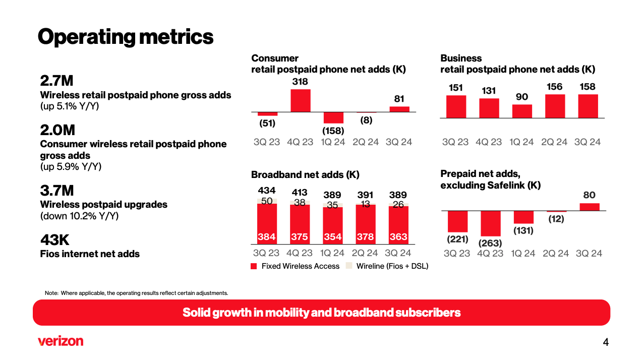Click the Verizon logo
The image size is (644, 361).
(60, 341)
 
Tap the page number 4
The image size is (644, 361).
(606, 343)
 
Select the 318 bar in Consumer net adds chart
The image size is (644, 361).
(300, 100)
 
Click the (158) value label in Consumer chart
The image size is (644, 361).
(333, 131)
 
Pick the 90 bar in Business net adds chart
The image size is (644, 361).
(522, 111)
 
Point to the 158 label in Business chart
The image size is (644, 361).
(588, 87)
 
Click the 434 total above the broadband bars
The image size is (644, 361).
(267, 191)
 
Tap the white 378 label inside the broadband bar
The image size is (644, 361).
(365, 237)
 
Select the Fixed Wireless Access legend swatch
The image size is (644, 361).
(254, 266)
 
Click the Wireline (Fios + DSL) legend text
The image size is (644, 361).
(392, 266)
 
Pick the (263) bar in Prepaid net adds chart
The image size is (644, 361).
(490, 223)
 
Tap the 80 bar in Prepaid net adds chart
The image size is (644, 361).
(590, 207)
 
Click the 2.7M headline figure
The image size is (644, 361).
(56, 81)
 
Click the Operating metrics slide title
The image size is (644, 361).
(126, 36)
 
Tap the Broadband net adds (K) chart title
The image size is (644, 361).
(305, 175)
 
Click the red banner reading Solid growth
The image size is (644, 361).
(321, 313)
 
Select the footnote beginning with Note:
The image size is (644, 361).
(136, 292)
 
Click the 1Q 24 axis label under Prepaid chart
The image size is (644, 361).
(523, 253)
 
